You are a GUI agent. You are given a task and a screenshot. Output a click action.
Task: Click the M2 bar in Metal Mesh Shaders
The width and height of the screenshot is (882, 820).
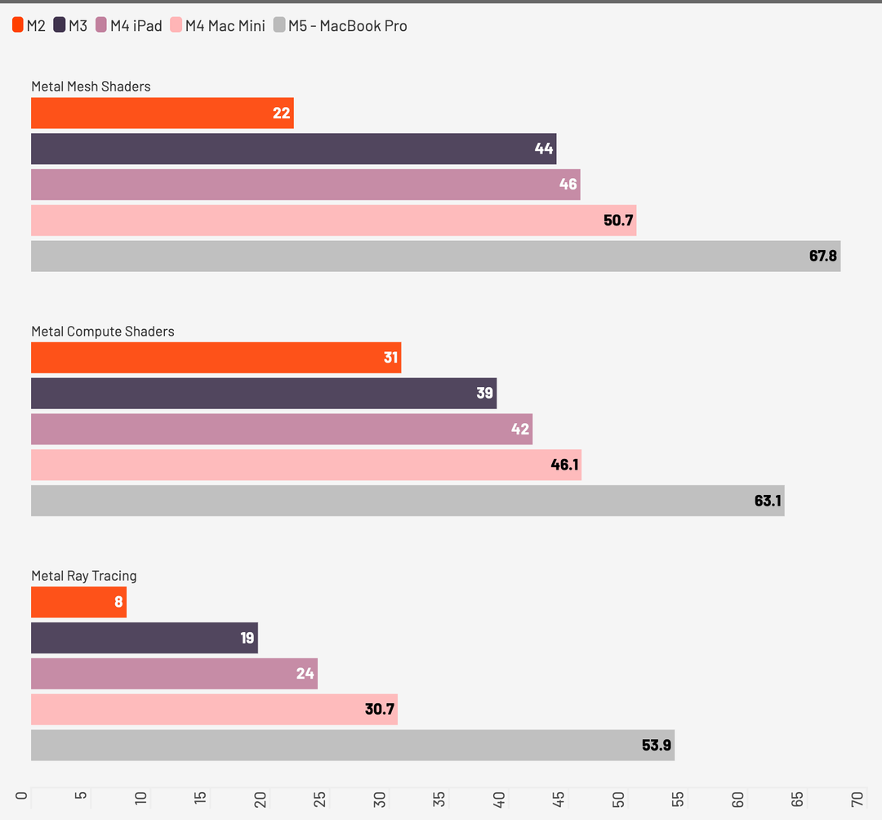[x=162, y=113]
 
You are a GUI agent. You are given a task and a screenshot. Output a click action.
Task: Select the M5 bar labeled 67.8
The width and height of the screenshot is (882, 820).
[x=435, y=256]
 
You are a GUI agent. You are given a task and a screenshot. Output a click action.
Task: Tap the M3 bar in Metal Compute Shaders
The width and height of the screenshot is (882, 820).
[x=263, y=393]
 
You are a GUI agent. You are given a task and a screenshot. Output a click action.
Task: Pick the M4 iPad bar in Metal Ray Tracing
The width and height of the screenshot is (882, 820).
[x=174, y=674]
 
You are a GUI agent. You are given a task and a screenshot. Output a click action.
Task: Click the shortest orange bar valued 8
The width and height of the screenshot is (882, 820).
[x=78, y=602]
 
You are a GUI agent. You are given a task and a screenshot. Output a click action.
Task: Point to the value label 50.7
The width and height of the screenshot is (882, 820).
[x=619, y=221]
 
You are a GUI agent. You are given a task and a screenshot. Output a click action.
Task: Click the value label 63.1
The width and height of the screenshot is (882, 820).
[x=768, y=501]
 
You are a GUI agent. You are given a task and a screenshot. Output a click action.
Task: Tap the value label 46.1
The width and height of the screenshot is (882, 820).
[x=564, y=466]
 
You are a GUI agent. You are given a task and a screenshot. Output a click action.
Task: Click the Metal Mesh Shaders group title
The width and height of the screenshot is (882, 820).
[x=91, y=86]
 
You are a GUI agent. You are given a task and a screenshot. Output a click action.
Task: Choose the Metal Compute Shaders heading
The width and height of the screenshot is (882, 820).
[x=103, y=331]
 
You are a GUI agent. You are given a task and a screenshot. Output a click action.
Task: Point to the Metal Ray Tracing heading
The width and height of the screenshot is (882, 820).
[x=84, y=576]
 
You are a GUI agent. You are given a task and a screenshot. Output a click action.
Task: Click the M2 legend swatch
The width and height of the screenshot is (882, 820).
[x=18, y=25]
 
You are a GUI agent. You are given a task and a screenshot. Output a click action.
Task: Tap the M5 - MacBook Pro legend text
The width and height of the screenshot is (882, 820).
[x=347, y=25]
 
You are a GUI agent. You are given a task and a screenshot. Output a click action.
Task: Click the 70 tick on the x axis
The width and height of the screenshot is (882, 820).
[x=857, y=799]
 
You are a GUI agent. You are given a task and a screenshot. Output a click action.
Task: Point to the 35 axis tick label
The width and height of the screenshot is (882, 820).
[x=439, y=799]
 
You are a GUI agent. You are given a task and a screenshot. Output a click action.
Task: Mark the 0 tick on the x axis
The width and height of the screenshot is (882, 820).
[x=23, y=799]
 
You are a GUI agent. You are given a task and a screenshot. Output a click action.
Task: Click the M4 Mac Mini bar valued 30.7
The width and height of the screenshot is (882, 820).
[x=214, y=709]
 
